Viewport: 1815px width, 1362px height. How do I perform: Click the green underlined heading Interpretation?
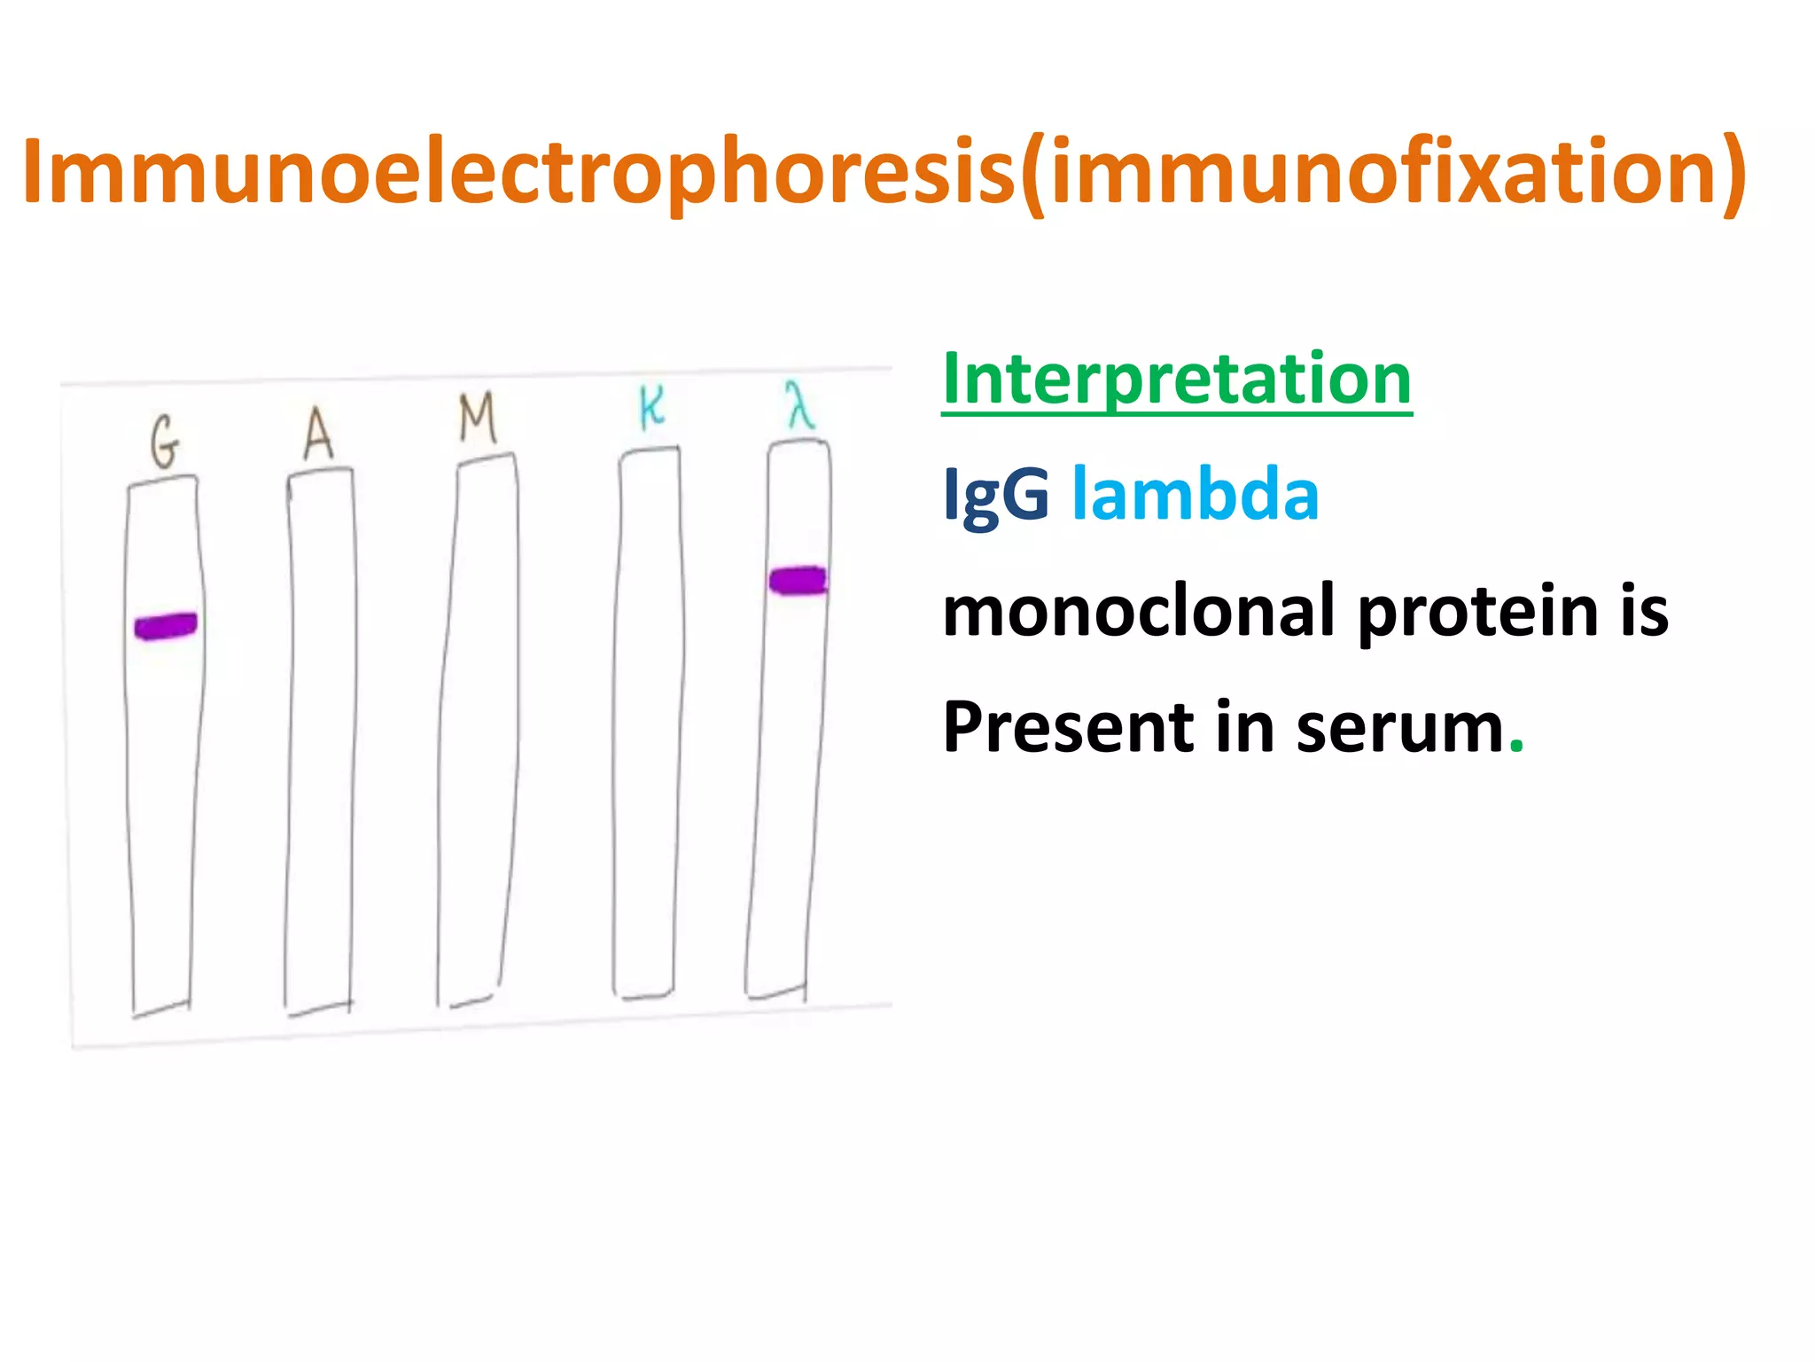tap(1176, 379)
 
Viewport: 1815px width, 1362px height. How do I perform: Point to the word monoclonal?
tap(1138, 611)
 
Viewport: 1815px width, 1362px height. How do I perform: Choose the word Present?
tap(1068, 727)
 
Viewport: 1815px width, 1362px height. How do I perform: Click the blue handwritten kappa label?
tap(651, 409)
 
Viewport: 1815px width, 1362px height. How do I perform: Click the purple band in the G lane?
tap(166, 626)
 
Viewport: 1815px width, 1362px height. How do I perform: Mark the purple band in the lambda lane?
tap(798, 581)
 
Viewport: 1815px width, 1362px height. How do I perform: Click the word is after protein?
tap(1644, 612)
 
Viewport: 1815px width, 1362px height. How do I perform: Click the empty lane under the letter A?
tap(320, 736)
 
